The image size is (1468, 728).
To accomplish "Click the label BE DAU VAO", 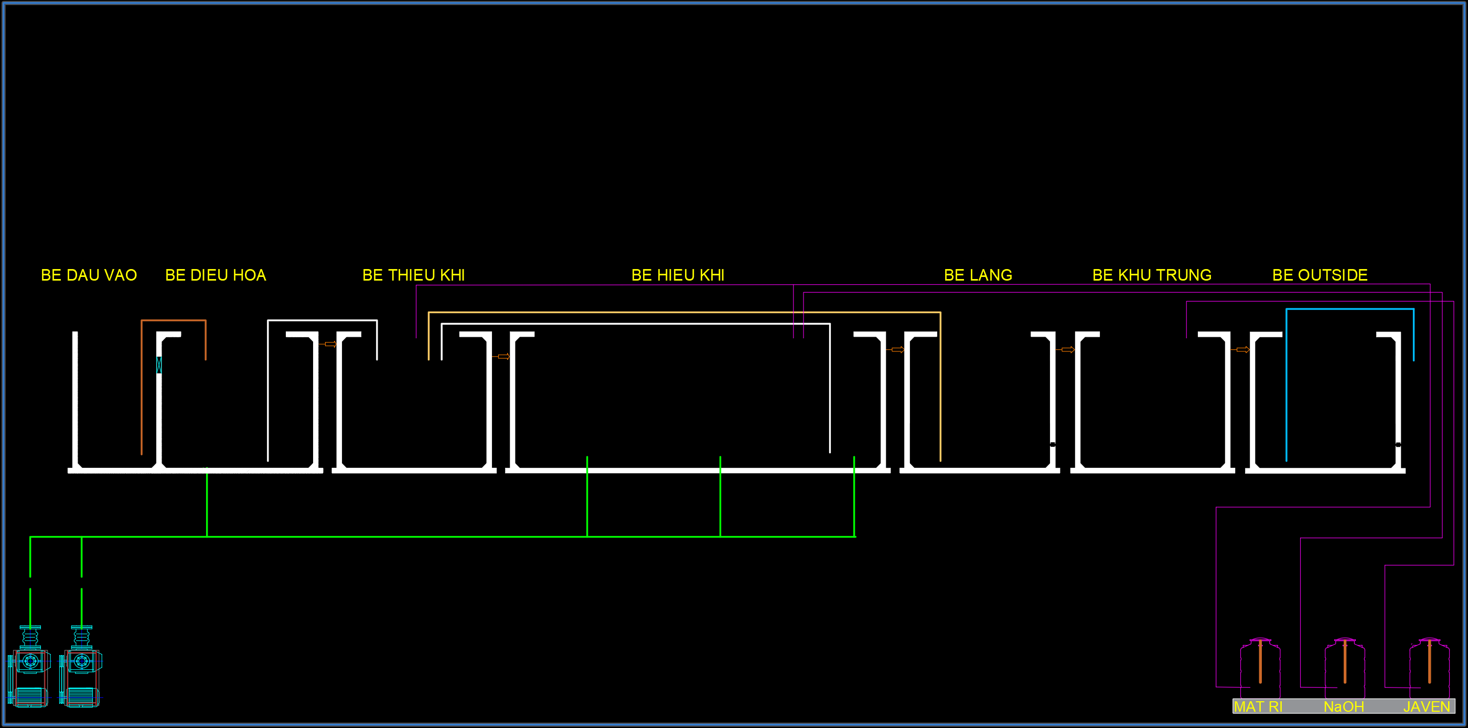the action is pyautogui.click(x=89, y=275).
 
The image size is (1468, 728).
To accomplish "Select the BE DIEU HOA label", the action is pyautogui.click(x=216, y=275).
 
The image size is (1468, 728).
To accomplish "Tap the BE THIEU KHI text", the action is pyautogui.click(x=414, y=275).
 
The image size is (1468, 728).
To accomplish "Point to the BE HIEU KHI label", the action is pyautogui.click(x=678, y=275).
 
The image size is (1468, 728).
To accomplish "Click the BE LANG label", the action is pyautogui.click(x=978, y=275).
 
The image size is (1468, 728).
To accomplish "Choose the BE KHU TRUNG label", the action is pyautogui.click(x=1152, y=275).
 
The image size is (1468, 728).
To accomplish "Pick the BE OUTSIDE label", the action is pyautogui.click(x=1320, y=275).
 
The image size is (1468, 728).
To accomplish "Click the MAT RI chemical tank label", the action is pyautogui.click(x=1258, y=707).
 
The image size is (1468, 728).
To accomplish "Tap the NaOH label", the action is pyautogui.click(x=1344, y=707).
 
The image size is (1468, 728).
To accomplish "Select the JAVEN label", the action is pyautogui.click(x=1427, y=707).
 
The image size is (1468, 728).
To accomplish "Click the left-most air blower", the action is pyautogui.click(x=30, y=667).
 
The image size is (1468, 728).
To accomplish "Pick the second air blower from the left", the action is pyautogui.click(x=81, y=667).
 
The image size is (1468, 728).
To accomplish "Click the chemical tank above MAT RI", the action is pyautogui.click(x=1260, y=668).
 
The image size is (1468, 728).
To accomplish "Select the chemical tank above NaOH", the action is pyautogui.click(x=1344, y=668).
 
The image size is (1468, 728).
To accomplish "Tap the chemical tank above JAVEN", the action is pyautogui.click(x=1429, y=668).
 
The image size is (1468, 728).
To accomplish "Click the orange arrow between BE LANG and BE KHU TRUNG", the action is pyautogui.click(x=1067, y=349).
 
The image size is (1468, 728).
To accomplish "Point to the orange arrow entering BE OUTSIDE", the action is pyautogui.click(x=1242, y=349).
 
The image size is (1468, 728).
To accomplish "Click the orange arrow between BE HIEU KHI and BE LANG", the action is pyautogui.click(x=897, y=349).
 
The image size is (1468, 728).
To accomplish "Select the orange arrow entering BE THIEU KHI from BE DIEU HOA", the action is pyautogui.click(x=329, y=344).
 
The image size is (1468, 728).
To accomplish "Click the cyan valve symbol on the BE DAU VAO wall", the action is pyautogui.click(x=159, y=365).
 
